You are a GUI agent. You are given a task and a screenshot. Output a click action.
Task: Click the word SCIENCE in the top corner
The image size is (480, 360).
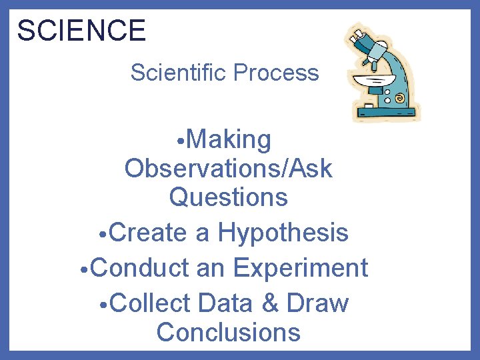pyautogui.click(x=81, y=31)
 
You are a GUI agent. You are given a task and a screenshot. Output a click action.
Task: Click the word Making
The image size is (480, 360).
pyautogui.click(x=229, y=140)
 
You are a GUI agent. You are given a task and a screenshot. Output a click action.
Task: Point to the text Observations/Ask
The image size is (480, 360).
pyautogui.click(x=228, y=169)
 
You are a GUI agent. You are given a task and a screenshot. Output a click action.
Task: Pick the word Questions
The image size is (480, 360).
pyautogui.click(x=228, y=197)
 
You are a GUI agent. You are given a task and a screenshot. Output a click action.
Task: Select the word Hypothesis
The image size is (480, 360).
pyautogui.click(x=283, y=233)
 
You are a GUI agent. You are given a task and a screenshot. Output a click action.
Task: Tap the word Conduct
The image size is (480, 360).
pyautogui.click(x=140, y=268)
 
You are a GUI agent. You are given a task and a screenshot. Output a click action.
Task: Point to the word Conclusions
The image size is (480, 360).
pyautogui.click(x=228, y=331)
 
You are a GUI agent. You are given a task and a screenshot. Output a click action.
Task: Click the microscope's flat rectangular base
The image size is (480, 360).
pyautogui.click(x=390, y=113)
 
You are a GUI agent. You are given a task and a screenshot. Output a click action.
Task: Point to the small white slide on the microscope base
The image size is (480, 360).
pyautogui.click(x=367, y=105)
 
